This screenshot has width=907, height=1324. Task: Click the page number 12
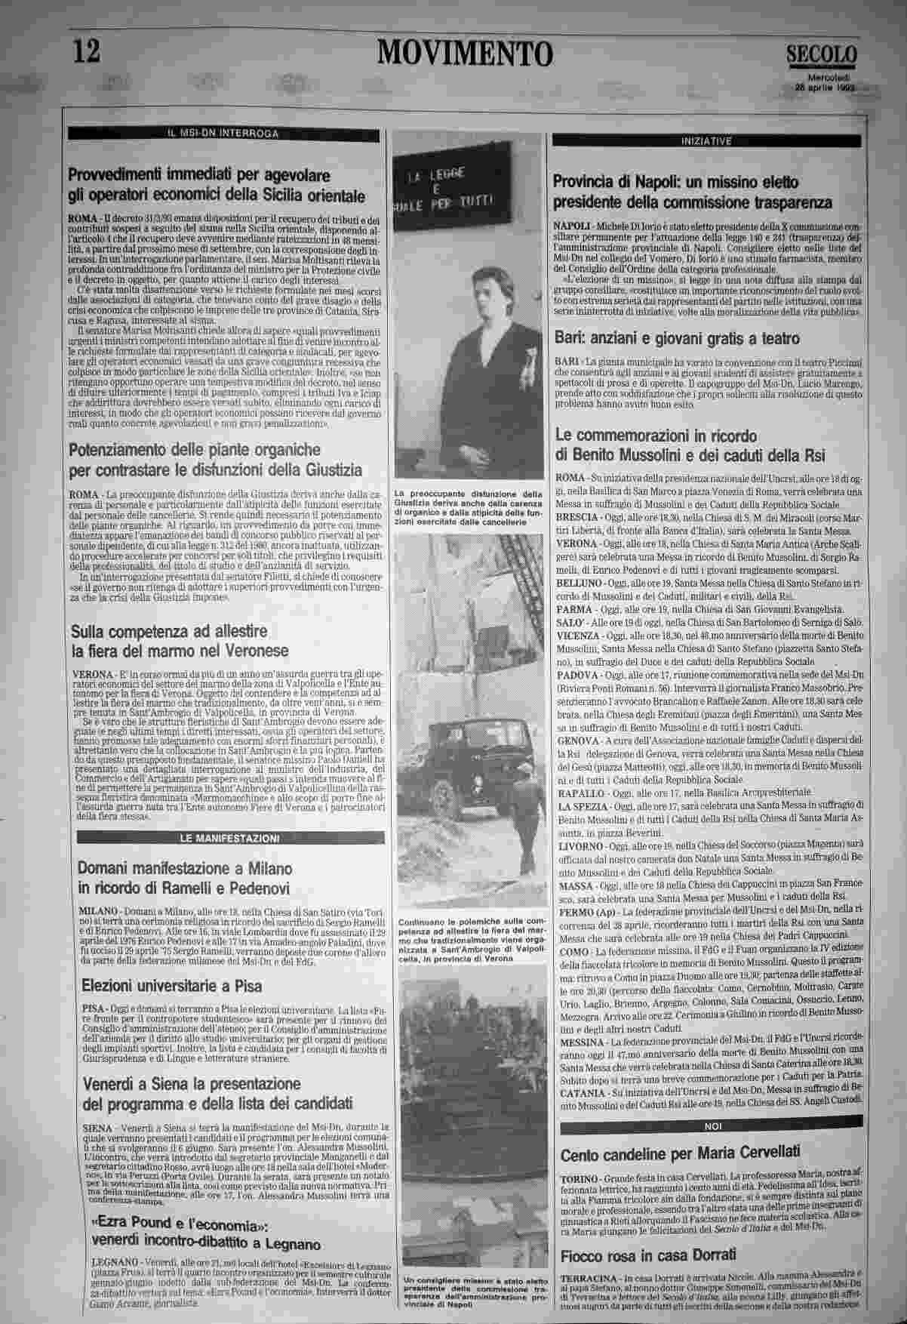[x=87, y=52]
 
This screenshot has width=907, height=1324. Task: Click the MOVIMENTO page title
[x=465, y=54]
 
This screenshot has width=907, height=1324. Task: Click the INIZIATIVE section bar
[x=706, y=141]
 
